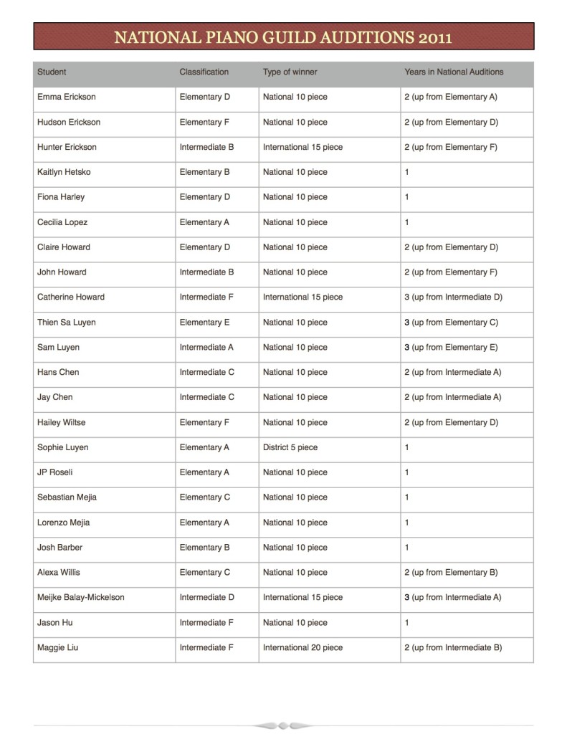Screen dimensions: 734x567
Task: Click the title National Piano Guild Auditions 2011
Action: (x=283, y=37)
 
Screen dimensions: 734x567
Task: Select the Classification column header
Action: (x=204, y=72)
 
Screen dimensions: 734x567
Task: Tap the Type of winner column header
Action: (x=290, y=72)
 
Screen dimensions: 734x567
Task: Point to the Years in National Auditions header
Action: (x=454, y=72)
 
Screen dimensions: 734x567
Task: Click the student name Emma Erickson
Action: (x=66, y=97)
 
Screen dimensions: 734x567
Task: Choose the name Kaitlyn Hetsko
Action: (x=64, y=172)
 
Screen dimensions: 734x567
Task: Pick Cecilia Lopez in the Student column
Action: (x=62, y=222)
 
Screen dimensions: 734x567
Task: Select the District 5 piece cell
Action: (x=290, y=447)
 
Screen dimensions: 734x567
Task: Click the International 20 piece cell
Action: (x=303, y=647)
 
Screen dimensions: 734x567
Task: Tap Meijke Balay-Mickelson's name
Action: (x=81, y=597)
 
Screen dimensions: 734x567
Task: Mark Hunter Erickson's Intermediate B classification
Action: (x=207, y=147)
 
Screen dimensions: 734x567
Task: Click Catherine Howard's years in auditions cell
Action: (x=453, y=297)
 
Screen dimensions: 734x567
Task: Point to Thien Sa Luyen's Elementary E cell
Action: (x=205, y=322)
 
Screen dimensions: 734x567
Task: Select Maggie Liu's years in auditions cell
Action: (x=453, y=647)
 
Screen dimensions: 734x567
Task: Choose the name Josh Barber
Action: (x=59, y=547)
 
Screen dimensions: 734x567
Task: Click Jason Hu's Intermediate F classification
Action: (x=206, y=622)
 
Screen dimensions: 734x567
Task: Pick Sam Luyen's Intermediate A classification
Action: (x=207, y=347)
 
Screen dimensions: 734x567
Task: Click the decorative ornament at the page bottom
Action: (x=283, y=725)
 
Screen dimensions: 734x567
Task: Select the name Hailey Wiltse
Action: (x=61, y=422)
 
